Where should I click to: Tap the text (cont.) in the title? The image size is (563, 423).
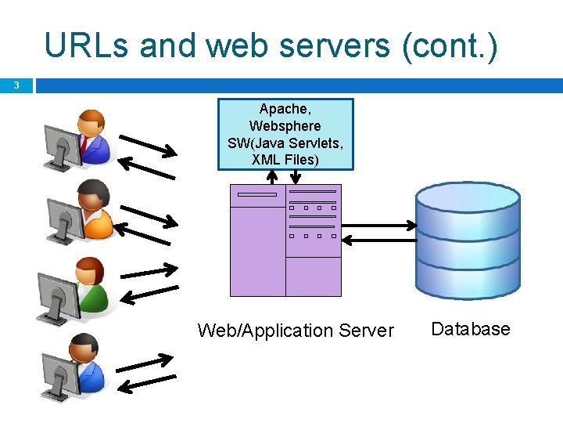click(449, 45)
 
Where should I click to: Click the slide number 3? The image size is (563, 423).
click(16, 85)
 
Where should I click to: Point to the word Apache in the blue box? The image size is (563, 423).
click(285, 109)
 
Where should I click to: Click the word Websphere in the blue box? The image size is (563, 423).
click(285, 126)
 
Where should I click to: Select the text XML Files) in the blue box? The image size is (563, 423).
click(285, 160)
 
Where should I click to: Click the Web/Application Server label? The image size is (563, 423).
click(296, 331)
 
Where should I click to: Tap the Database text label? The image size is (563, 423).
click(470, 329)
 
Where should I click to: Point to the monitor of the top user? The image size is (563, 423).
click(61, 145)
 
